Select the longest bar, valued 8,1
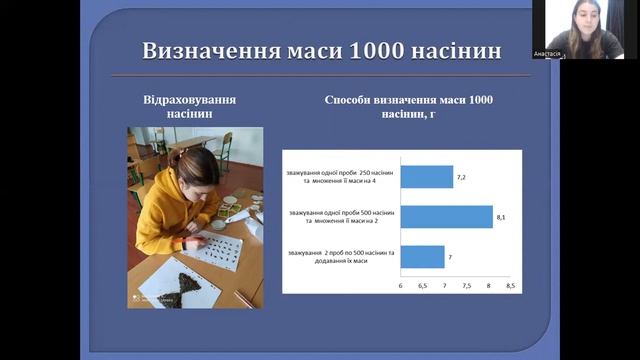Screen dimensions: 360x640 446,217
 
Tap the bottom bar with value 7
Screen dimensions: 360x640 422,257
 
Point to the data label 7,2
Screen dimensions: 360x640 462,177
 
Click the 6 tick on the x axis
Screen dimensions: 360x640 401,286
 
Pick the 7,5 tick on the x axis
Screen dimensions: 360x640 466,286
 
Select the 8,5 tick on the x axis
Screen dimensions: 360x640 510,286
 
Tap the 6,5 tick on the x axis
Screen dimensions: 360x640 423,286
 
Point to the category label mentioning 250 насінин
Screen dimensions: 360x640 340,177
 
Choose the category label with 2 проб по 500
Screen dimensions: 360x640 340,257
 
